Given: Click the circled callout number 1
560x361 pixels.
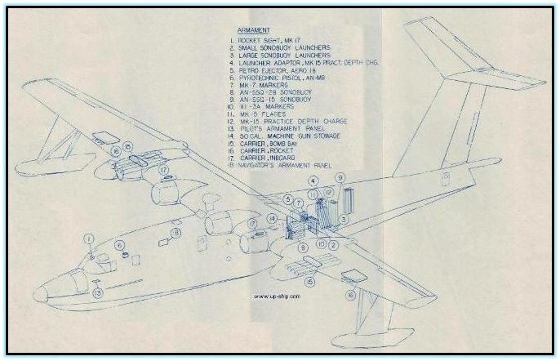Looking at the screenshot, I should coord(91,238).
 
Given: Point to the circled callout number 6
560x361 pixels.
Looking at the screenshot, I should coord(119,244).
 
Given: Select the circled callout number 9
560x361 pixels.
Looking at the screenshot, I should coord(340,178).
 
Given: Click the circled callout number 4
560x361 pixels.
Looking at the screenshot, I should coord(312,180).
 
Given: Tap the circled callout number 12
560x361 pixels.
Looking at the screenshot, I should coord(327,192).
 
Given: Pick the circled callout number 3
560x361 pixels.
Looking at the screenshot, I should coord(345,219).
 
